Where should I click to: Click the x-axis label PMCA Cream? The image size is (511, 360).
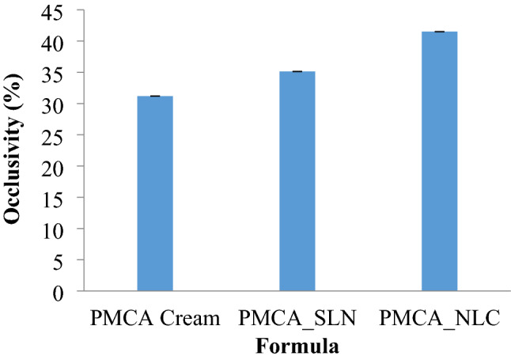(155, 320)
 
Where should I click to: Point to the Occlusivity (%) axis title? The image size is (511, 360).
(17, 150)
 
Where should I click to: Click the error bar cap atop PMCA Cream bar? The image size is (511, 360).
(155, 97)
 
